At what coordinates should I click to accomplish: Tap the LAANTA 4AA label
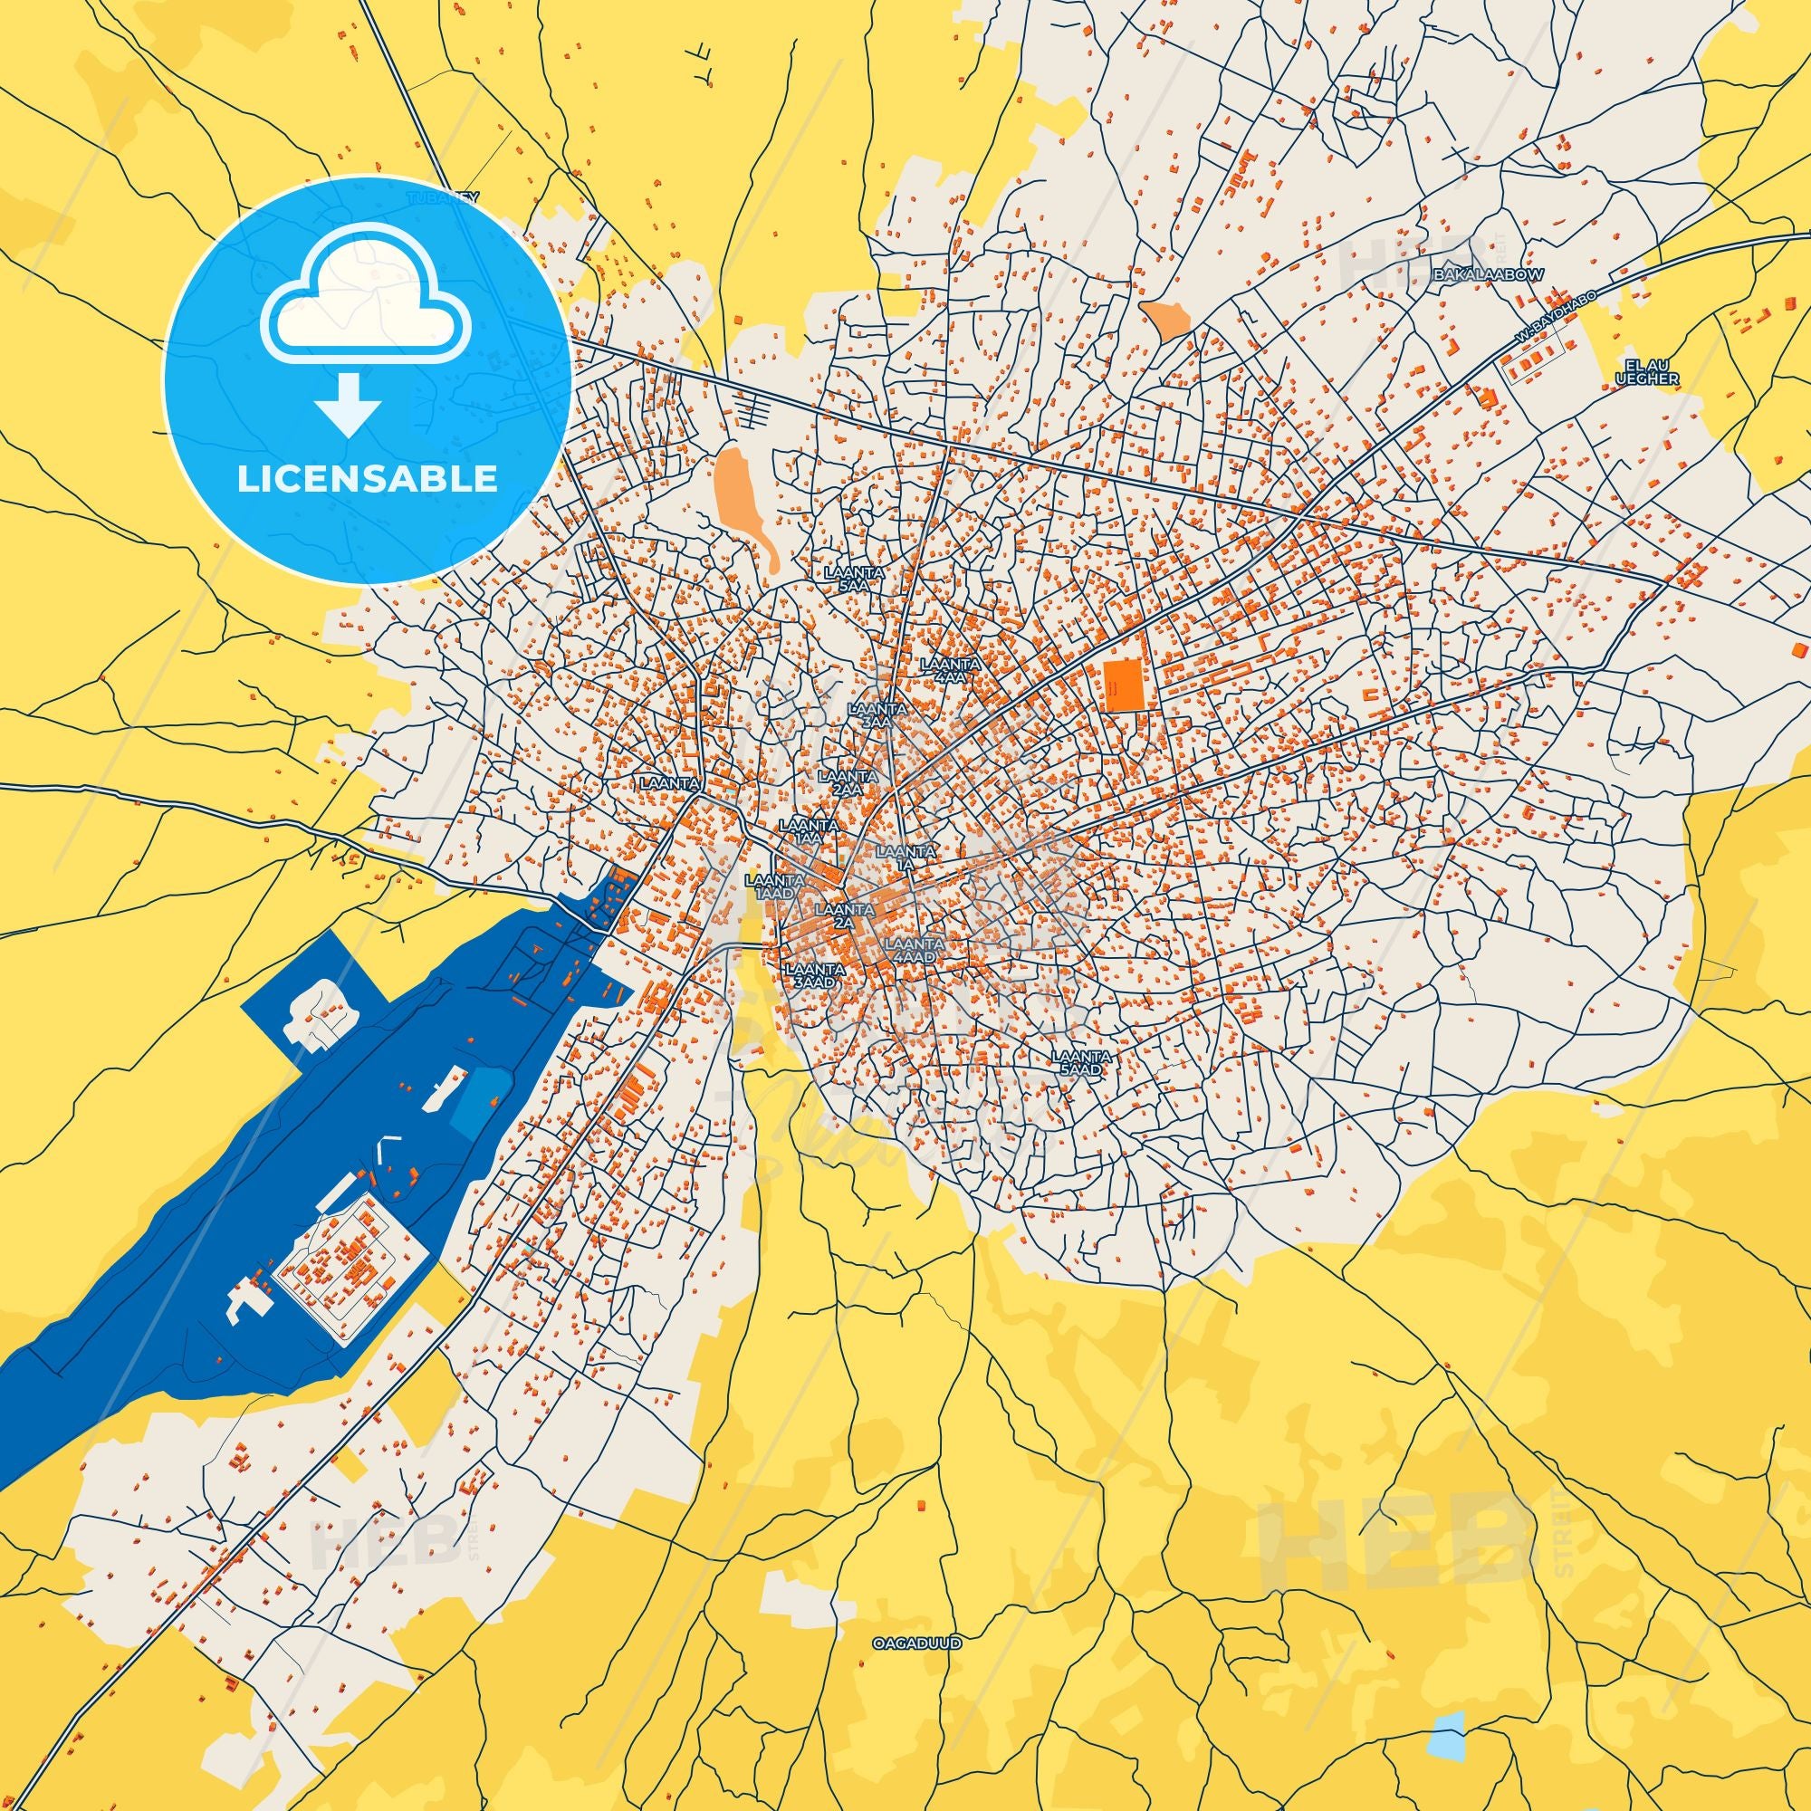coord(951,669)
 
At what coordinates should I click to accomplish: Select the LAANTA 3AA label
coord(877,715)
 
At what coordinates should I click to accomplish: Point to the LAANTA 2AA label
coord(848,782)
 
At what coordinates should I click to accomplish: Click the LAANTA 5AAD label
coord(1082,1062)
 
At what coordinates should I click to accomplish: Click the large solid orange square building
coord(1123,685)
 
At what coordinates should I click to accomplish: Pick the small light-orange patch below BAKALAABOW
coord(1165,321)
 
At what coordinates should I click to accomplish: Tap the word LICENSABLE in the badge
coord(368,479)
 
